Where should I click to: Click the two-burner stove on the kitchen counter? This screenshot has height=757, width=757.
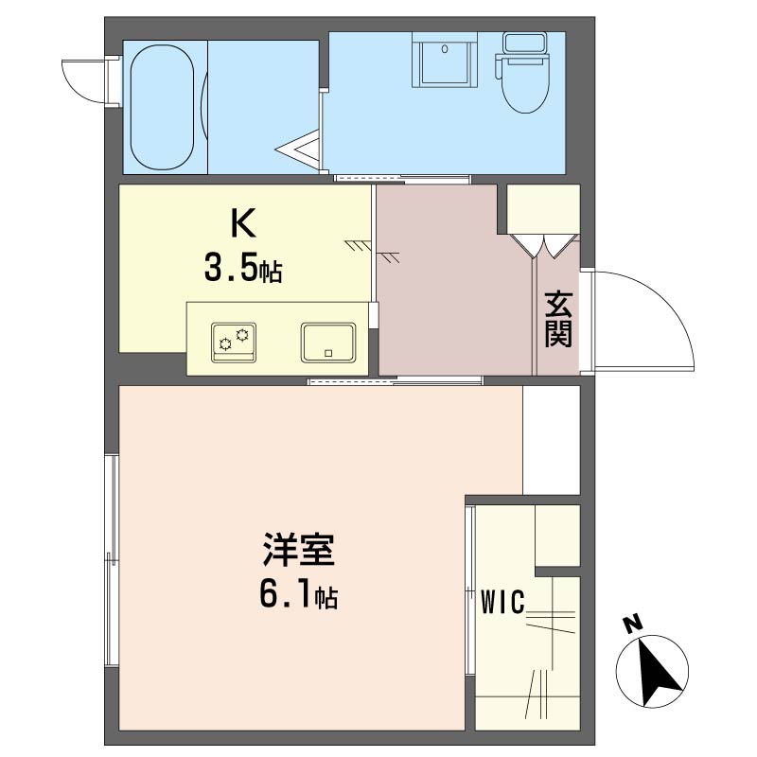tap(234, 342)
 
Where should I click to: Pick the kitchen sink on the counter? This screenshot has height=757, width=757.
tap(327, 342)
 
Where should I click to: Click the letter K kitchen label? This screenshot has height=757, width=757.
tap(242, 224)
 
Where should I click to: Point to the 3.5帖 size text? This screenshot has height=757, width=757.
tap(242, 270)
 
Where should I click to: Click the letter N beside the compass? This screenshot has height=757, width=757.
tap(632, 623)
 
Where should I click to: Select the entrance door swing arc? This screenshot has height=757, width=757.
tap(643, 317)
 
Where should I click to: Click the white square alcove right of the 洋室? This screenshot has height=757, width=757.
tap(551, 439)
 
